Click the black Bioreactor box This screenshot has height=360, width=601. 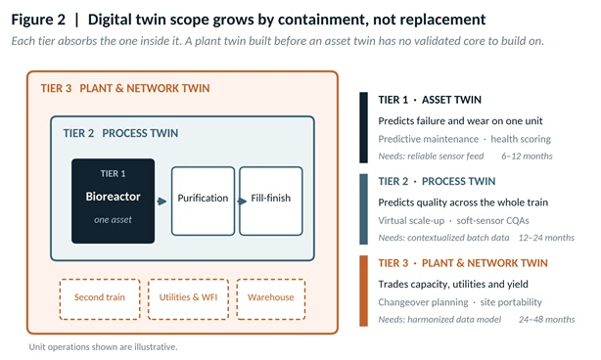(114, 202)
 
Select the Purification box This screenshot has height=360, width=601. (203, 202)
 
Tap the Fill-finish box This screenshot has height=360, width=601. (271, 202)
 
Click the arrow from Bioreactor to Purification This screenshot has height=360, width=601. (162, 202)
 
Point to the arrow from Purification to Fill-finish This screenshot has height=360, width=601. (242, 202)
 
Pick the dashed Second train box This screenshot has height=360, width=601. (100, 299)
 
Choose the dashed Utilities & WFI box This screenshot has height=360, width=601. (188, 299)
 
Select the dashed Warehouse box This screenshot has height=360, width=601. (271, 299)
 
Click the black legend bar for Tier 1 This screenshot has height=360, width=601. (363, 127)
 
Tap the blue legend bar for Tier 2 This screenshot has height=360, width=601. (363, 209)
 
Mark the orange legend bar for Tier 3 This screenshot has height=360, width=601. (363, 291)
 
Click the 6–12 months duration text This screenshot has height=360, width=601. (527, 157)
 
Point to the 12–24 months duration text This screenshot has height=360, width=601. (546, 238)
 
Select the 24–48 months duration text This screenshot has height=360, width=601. (546, 320)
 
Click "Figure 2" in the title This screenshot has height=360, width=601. (38, 20)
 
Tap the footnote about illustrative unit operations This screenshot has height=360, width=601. (103, 347)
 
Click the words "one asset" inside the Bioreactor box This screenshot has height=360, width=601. (113, 220)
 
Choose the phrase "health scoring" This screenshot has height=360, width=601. (521, 139)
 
